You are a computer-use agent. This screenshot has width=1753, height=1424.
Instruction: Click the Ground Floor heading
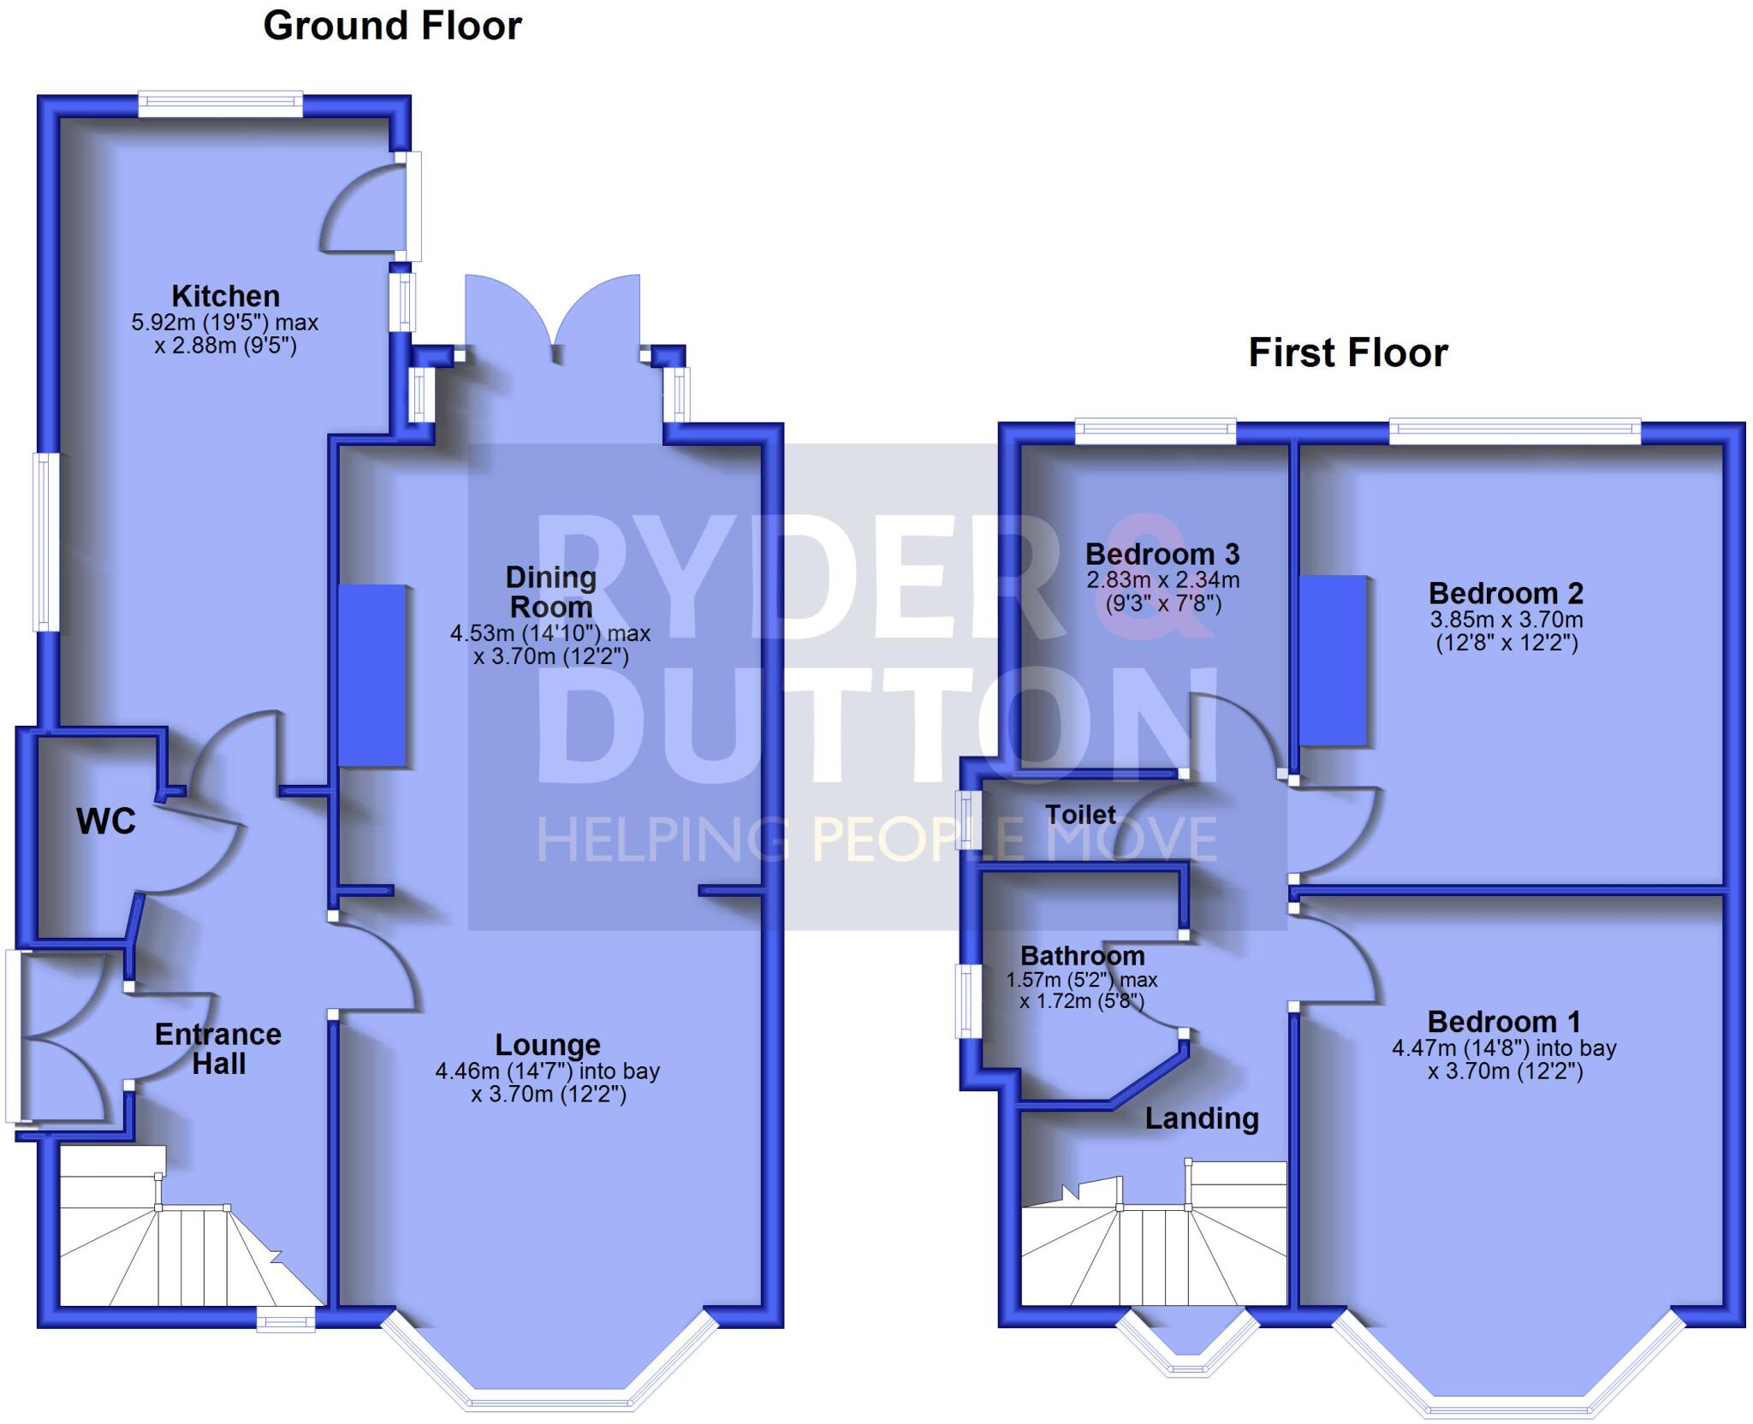pos(392,26)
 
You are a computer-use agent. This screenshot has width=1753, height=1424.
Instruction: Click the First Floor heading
pos(1347,353)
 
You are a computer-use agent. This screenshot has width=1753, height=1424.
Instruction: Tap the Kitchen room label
pos(225,296)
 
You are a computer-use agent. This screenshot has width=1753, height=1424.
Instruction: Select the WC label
pos(105,822)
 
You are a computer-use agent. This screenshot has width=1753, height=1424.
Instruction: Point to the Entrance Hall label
pos(218,1049)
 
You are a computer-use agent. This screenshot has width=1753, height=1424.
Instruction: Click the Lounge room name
pos(548,1045)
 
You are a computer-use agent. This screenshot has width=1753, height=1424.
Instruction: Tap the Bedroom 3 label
pos(1162,555)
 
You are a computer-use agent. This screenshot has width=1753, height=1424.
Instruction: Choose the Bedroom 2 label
pos(1506,593)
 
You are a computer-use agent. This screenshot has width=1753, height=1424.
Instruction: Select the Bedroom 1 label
pos(1504,1022)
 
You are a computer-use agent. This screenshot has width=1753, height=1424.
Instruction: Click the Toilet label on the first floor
pos(1080,815)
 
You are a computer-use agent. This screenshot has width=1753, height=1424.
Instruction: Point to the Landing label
pos(1202,1118)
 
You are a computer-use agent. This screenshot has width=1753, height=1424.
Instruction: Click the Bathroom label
pos(1082,956)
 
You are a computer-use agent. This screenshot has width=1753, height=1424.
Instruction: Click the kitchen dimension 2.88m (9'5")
pos(225,347)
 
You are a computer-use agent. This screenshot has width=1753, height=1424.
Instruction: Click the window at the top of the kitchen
pos(220,104)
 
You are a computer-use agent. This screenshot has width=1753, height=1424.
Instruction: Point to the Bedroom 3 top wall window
pos(1155,431)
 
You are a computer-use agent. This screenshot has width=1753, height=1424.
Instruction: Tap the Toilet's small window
pos(968,820)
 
